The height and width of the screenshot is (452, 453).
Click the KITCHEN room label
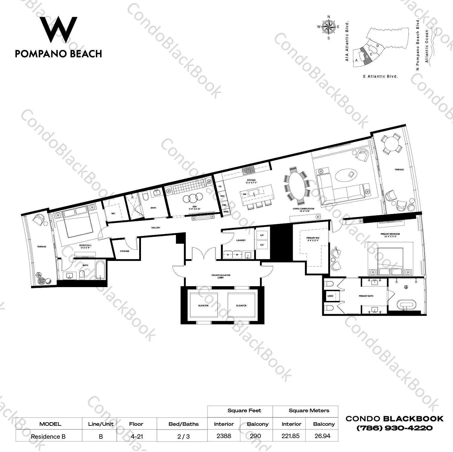pos(251,180)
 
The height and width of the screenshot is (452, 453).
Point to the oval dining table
pos(297,187)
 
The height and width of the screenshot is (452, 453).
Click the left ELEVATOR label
pos(203,305)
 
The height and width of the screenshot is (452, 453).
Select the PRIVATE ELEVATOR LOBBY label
pos(221,276)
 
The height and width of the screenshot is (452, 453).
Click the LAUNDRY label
pos(241,240)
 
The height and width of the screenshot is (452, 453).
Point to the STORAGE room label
pos(124,251)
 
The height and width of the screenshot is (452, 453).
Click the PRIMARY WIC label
pos(313,239)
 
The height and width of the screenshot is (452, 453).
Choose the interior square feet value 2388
pos(224,436)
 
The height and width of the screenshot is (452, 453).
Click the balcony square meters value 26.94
pos(322,436)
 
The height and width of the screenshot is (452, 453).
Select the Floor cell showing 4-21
pos(136,436)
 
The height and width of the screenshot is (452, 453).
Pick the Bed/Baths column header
pos(183,424)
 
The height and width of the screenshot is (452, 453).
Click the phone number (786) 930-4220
pos(395,428)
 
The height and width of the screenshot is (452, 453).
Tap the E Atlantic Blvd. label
pos(380,76)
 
